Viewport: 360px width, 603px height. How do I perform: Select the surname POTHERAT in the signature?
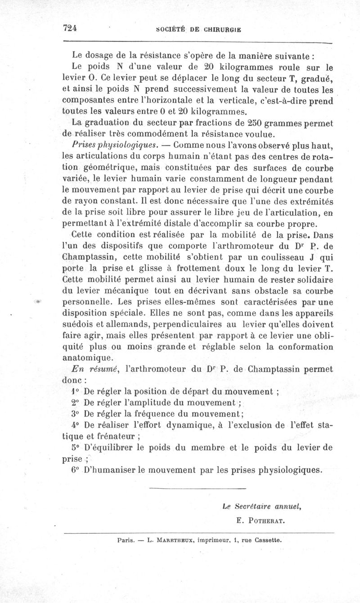[270, 521]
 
